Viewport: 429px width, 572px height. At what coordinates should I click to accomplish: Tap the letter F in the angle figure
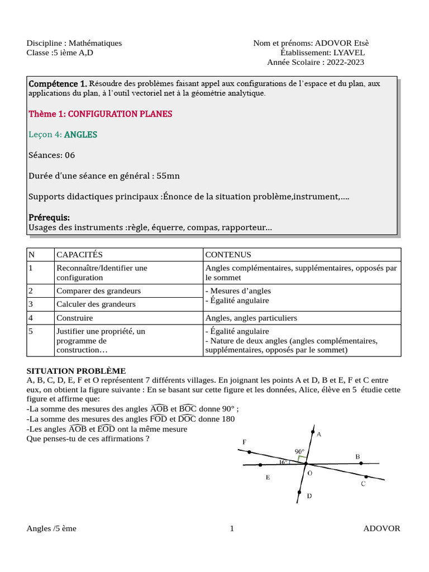(244, 442)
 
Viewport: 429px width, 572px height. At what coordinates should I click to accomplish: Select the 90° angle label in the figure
(299, 451)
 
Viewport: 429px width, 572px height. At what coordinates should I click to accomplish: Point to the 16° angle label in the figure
(284, 462)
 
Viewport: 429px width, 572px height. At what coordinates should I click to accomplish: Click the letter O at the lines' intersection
(310, 473)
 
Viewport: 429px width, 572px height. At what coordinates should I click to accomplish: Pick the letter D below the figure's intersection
(309, 495)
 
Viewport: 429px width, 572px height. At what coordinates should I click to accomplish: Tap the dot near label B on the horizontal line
(361, 463)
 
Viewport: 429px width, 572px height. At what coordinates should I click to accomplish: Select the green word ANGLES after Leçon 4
(80, 135)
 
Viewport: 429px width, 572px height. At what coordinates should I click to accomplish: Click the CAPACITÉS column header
(79, 255)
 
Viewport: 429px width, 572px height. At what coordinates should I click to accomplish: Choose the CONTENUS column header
(228, 255)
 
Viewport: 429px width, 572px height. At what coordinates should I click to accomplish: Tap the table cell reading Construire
(74, 318)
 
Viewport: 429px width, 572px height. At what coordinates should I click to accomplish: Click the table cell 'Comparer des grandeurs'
(98, 291)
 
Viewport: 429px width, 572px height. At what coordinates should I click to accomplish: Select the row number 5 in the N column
(31, 331)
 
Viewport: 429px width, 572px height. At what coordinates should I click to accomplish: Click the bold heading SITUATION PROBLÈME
(76, 371)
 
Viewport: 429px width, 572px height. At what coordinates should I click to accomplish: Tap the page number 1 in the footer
(232, 529)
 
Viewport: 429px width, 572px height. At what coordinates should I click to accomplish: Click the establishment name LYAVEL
(349, 53)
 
